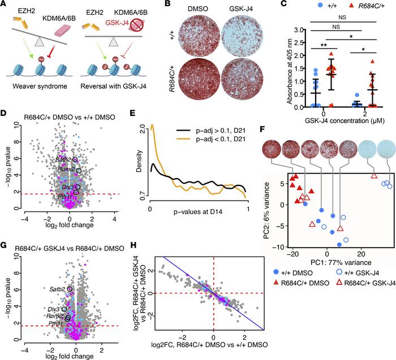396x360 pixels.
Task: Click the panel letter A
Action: pos(5,5)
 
